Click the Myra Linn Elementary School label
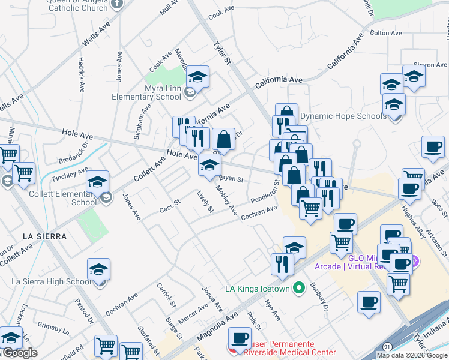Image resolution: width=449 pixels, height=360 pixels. pos(147,92)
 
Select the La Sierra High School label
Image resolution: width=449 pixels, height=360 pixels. pos(52,281)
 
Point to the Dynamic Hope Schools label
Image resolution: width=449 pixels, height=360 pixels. pos(343,116)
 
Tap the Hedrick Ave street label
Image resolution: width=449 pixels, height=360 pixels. pos(81,74)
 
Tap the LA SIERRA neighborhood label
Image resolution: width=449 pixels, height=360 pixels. pos(44,236)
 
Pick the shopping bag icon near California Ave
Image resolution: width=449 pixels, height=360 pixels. pos(223,140)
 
